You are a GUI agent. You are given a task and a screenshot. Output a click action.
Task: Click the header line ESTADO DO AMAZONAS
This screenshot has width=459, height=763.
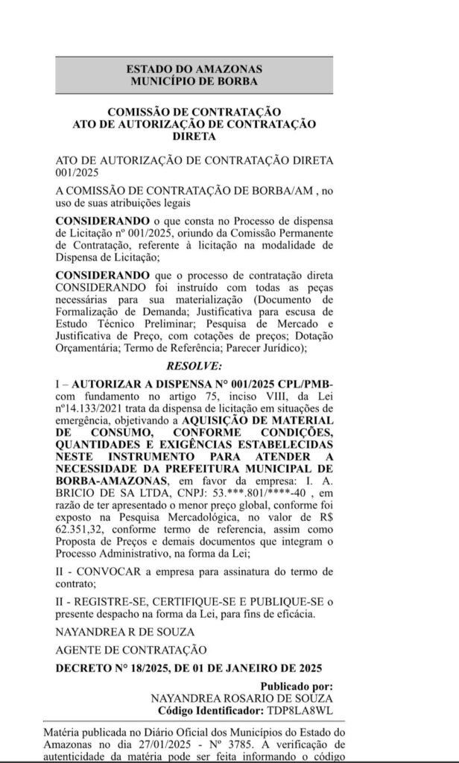point(195,69)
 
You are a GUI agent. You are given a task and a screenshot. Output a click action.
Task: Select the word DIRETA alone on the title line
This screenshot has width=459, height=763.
point(194,136)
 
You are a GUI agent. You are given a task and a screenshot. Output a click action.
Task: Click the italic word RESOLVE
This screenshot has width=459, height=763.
point(194,367)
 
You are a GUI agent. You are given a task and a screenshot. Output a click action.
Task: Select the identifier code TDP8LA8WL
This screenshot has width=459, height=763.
point(304,709)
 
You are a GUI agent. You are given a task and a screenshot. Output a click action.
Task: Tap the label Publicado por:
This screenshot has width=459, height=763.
point(295,686)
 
